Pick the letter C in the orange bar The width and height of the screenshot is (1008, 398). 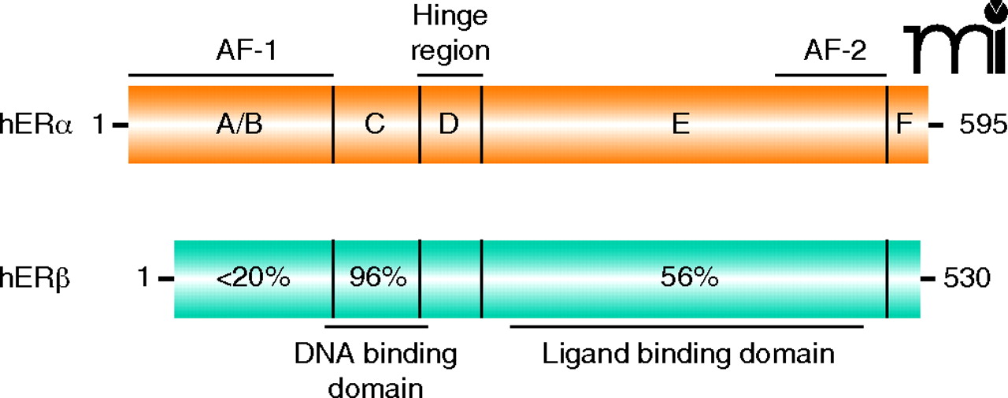374,125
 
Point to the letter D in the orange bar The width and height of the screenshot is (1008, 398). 449,125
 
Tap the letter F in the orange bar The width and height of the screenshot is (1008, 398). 906,125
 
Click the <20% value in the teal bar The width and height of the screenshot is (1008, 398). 256,277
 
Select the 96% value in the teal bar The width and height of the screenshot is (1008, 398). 376,277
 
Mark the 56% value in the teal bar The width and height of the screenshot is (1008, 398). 686,277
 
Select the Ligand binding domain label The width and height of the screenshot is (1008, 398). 687,354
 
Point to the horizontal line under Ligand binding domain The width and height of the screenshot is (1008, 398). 687,325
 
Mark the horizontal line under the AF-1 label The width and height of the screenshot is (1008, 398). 230,75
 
